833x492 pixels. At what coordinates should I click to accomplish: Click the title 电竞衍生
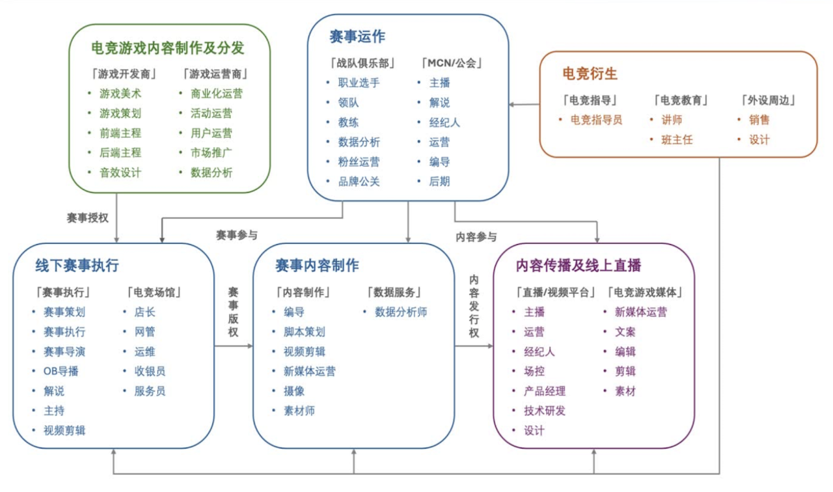tap(590, 74)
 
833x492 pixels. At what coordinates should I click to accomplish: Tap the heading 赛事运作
tap(357, 36)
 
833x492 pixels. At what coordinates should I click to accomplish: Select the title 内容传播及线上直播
tap(579, 266)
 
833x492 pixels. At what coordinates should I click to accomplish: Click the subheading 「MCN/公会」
tap(452, 63)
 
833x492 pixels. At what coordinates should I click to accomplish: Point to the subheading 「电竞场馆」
tap(154, 292)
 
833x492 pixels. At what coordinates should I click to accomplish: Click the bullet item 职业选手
tap(359, 83)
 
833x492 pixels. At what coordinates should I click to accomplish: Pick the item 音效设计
tap(120, 172)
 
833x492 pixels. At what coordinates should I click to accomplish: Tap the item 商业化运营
tap(217, 93)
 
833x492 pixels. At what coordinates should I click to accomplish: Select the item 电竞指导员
tap(596, 120)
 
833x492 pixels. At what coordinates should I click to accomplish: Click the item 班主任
tap(677, 140)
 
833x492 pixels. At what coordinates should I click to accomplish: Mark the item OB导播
tap(61, 371)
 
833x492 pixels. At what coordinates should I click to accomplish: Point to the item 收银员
tap(150, 371)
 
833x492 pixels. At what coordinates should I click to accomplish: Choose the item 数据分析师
tap(401, 312)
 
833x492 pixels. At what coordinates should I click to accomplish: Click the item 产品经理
tap(545, 391)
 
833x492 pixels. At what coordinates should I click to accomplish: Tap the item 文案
tap(625, 332)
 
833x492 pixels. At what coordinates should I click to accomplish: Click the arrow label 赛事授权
tap(87, 218)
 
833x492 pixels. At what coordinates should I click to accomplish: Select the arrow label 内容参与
tap(476, 237)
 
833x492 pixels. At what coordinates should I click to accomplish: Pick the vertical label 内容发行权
tap(474, 306)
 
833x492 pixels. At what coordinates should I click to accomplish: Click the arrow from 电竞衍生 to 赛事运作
tap(525, 105)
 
